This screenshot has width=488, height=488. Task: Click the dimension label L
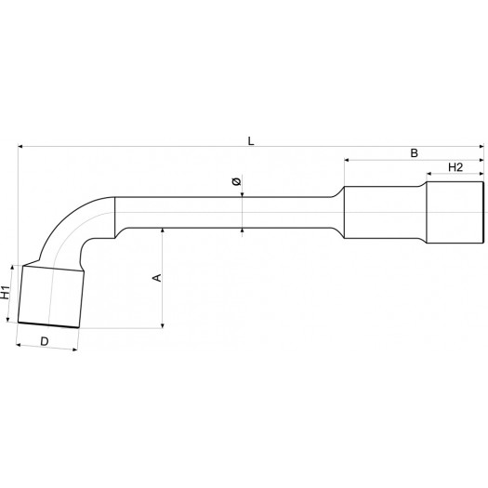pyautogui.click(x=251, y=141)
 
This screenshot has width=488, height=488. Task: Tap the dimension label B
pyautogui.click(x=414, y=153)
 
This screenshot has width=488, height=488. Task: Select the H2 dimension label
pyautogui.click(x=455, y=167)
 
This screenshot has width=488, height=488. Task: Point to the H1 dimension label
pyautogui.click(x=6, y=292)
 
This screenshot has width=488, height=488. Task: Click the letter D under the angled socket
pyautogui.click(x=45, y=341)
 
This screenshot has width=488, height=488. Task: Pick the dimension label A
pyautogui.click(x=157, y=278)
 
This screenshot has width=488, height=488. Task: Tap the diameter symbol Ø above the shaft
pyautogui.click(x=236, y=181)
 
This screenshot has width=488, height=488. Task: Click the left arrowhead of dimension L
pyautogui.click(x=20, y=146)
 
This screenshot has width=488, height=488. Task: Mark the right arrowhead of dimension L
pyautogui.click(x=481, y=146)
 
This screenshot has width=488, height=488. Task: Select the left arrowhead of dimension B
pyautogui.click(x=347, y=160)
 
